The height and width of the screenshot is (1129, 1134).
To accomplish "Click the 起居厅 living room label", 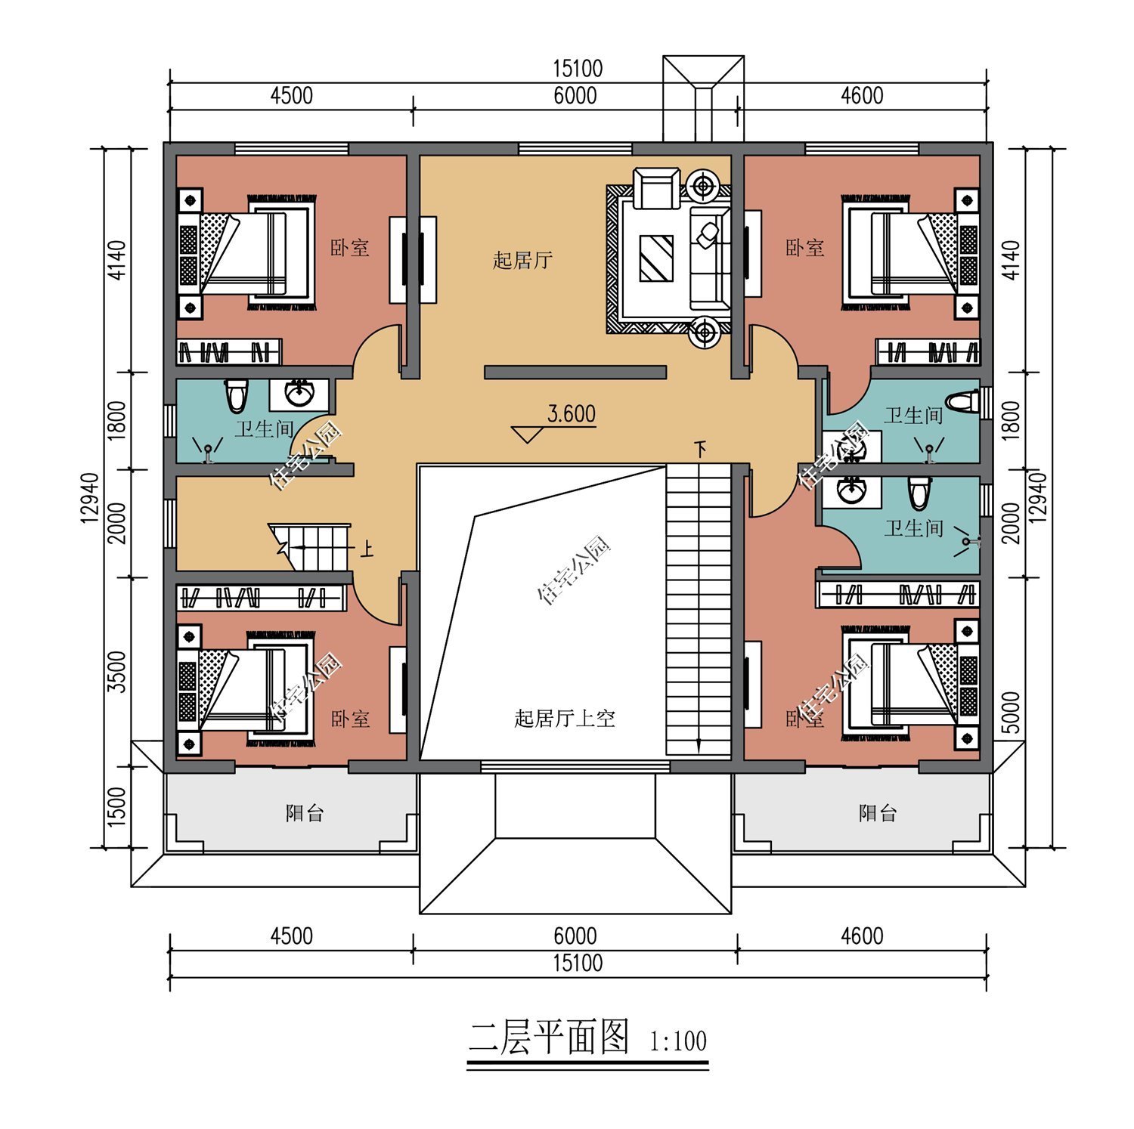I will pyautogui.click(x=522, y=261).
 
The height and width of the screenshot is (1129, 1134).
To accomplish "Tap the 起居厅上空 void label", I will pyautogui.click(x=564, y=718).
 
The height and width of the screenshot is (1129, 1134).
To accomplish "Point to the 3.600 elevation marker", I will pyautogui.click(x=571, y=414).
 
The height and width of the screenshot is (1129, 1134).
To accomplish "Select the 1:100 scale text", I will pyautogui.click(x=678, y=1041).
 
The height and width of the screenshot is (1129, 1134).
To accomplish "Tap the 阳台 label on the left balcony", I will pyautogui.click(x=305, y=813).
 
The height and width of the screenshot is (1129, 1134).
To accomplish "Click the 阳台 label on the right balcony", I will pyautogui.click(x=878, y=813).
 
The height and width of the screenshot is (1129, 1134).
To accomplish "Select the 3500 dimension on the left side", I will pyautogui.click(x=117, y=671).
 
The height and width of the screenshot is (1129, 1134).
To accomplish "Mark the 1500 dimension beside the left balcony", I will pyautogui.click(x=117, y=806).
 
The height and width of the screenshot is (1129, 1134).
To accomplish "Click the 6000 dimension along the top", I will pyautogui.click(x=575, y=96).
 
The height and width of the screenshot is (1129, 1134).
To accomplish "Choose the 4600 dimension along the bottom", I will pyautogui.click(x=862, y=936).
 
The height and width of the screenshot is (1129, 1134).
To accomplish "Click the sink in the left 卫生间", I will pyautogui.click(x=301, y=393).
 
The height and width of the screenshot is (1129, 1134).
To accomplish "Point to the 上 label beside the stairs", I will pyautogui.click(x=367, y=548).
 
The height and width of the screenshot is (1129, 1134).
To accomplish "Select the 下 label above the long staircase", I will pyautogui.click(x=702, y=450).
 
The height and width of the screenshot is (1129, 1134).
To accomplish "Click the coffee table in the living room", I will pyautogui.click(x=655, y=258).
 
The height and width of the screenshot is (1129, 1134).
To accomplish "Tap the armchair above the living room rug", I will pyautogui.click(x=656, y=189).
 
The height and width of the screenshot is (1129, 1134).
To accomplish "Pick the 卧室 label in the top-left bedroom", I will pyautogui.click(x=350, y=248).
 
